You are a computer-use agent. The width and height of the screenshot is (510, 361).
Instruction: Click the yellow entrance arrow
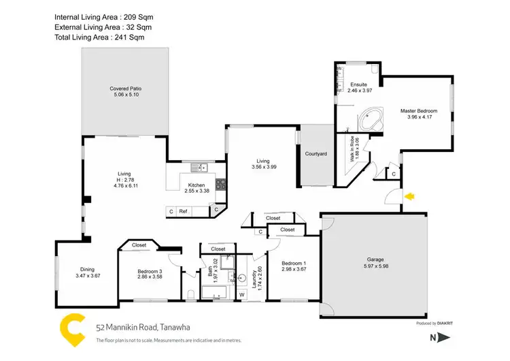point(409,197)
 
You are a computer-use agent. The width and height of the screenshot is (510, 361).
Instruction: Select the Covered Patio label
point(125,89)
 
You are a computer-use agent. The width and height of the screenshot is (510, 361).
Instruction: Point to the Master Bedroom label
point(418,110)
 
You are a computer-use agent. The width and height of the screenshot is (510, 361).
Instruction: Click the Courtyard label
point(316,154)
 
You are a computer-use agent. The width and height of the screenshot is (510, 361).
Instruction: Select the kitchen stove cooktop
point(220,184)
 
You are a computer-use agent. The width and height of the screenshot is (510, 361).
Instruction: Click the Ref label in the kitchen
point(183,211)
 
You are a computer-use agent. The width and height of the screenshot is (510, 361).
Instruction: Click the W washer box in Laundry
point(241,294)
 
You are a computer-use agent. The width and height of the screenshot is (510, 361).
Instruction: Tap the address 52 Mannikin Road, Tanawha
point(143,328)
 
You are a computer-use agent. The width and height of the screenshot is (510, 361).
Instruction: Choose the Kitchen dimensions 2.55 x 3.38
point(196,191)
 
